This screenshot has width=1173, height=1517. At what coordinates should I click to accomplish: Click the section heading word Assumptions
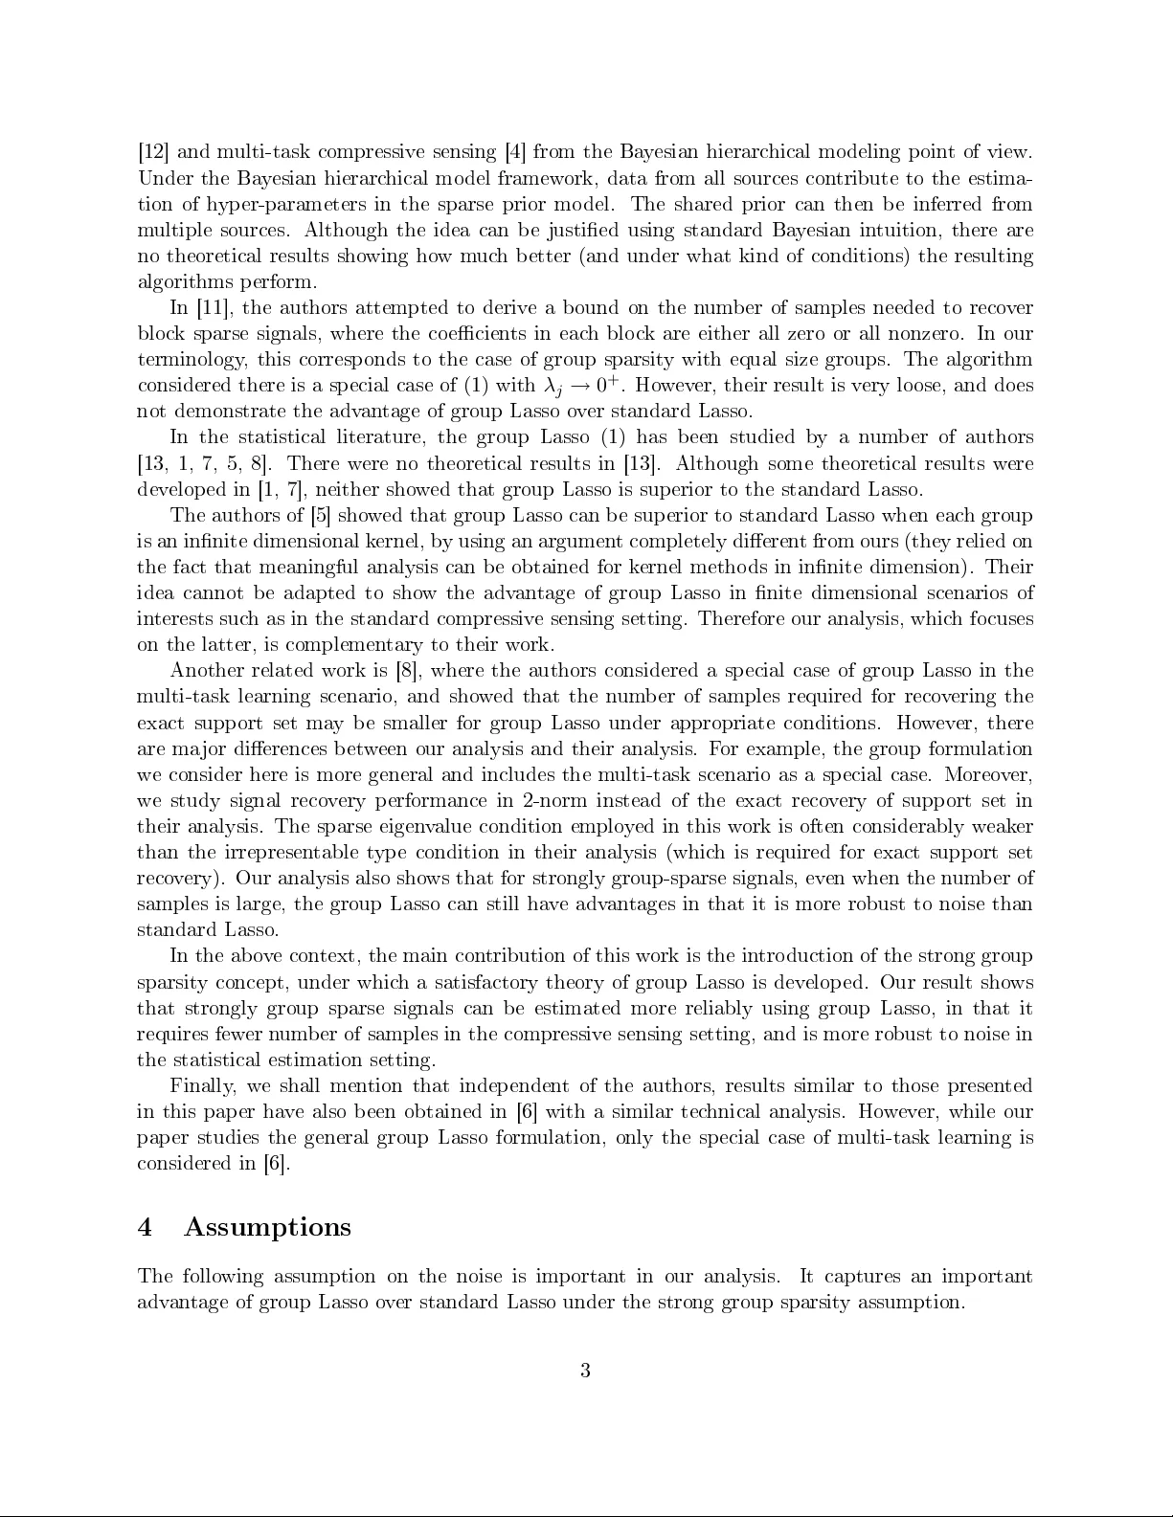coord(267,1227)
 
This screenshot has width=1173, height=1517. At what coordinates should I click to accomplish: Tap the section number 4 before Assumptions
coord(145,1227)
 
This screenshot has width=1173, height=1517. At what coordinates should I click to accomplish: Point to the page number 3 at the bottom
coord(585,1371)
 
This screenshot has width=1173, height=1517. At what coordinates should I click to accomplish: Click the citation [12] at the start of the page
coord(153,152)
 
